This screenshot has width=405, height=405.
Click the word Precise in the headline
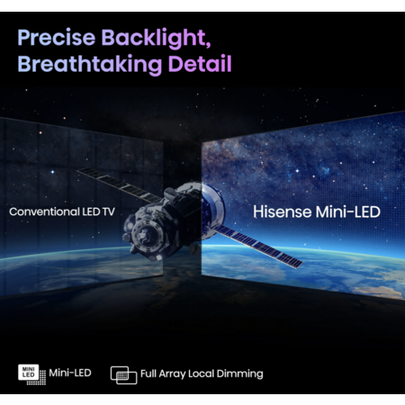57,38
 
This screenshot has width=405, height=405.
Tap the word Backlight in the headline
156,39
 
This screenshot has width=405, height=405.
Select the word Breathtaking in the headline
90,64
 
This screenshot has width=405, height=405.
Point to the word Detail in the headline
200,63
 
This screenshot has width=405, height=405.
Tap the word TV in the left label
109,211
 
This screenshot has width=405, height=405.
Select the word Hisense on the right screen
283,211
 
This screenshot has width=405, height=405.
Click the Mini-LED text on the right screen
348,211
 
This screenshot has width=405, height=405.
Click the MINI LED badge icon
31,374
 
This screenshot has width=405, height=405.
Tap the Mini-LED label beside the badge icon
70,373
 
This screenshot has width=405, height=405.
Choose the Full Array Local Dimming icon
123,375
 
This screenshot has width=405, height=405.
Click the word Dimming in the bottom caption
239,374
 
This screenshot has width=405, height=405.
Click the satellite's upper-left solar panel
119,185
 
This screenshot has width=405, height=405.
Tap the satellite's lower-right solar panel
259,247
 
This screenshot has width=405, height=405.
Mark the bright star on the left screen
52,172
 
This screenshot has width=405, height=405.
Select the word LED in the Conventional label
91,211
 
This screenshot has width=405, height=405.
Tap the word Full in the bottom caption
148,373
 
